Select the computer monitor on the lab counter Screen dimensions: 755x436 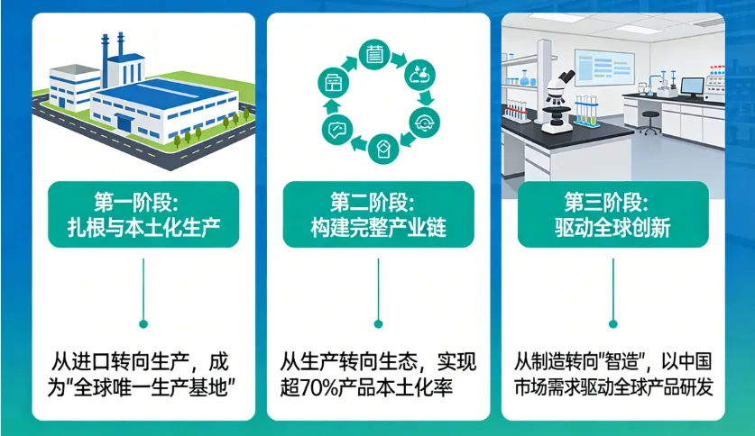pyautogui.click(x=692, y=87)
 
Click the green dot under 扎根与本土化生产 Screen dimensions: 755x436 pyautogui.click(x=143, y=322)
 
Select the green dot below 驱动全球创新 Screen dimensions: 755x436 pyautogui.click(x=612, y=322)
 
